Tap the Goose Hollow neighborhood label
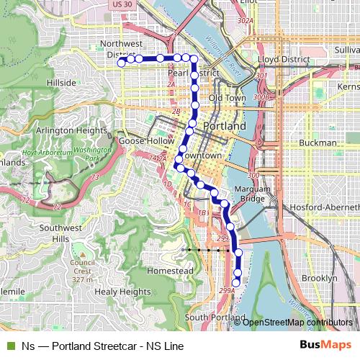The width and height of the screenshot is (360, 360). click(x=147, y=141)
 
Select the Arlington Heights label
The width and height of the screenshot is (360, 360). click(x=72, y=130)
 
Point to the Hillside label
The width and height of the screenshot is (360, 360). click(x=61, y=83)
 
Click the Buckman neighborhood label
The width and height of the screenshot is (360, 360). click(x=318, y=143)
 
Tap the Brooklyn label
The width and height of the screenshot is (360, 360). click(x=320, y=278)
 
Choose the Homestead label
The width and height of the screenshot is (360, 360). click(x=170, y=270)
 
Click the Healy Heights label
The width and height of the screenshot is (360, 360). click(x=122, y=292)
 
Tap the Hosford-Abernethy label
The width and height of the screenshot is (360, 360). click(x=323, y=207)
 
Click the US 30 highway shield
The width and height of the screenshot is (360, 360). click(x=121, y=4)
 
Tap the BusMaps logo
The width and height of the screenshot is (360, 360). click(x=325, y=346)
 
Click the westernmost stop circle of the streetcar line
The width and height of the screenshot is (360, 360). click(x=122, y=63)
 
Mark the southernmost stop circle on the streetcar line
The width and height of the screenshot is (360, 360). click(x=236, y=283)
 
